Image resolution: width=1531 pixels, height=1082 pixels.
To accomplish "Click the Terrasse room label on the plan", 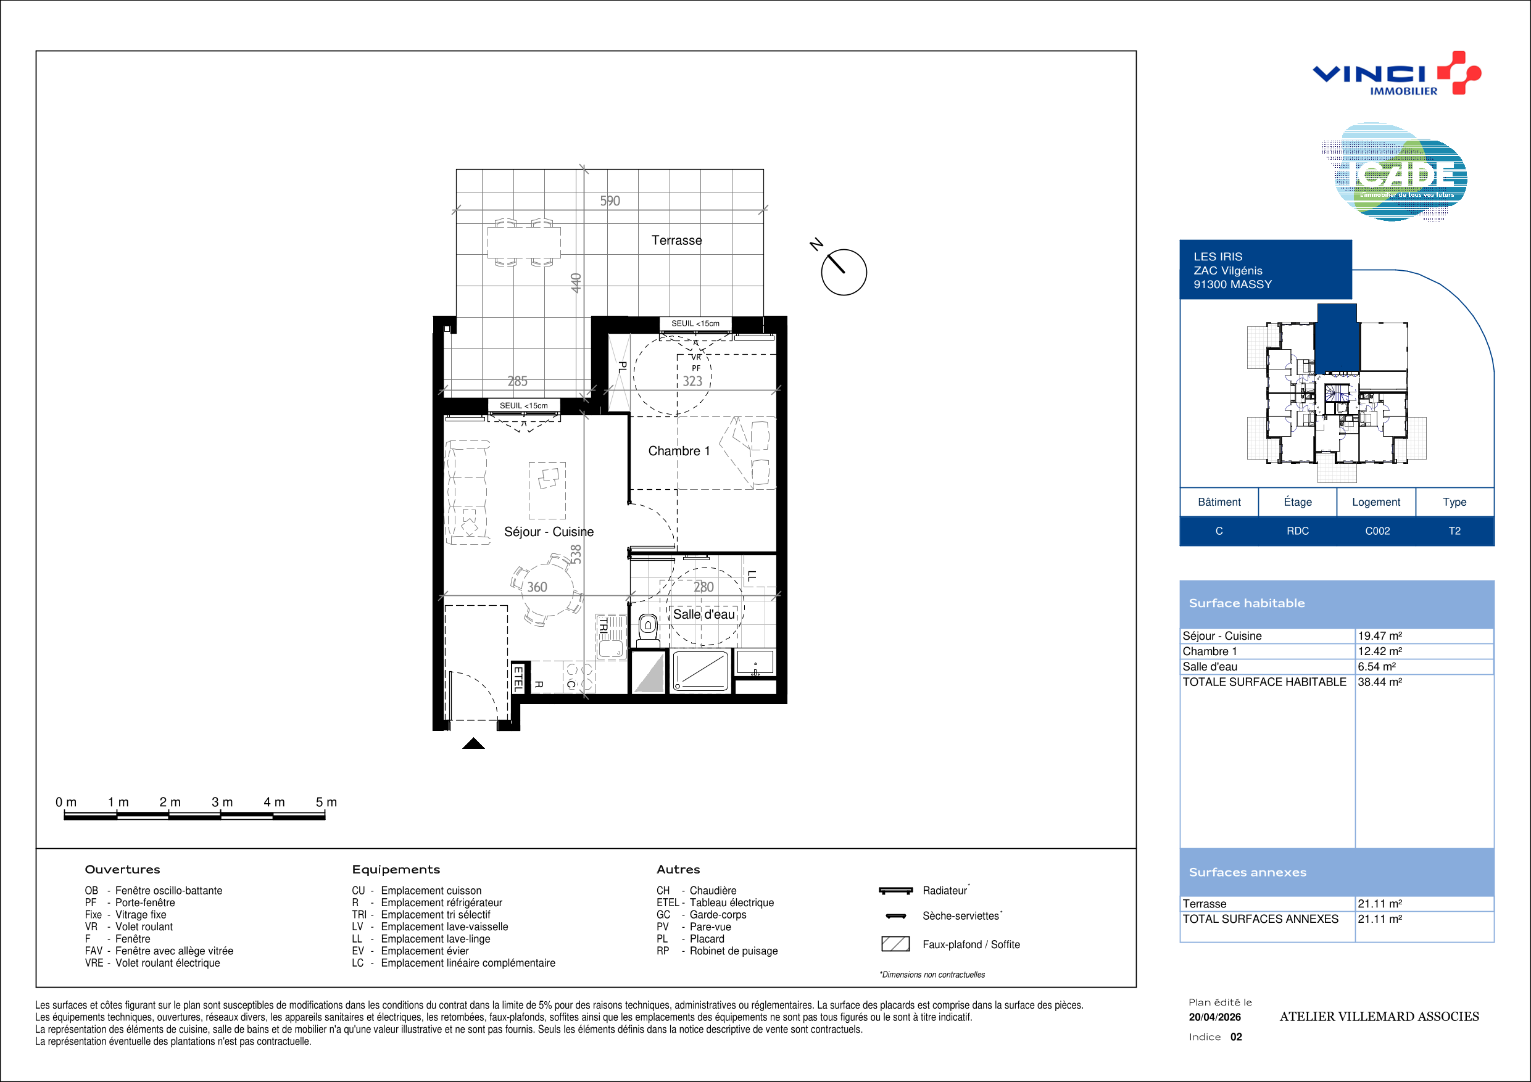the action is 676,240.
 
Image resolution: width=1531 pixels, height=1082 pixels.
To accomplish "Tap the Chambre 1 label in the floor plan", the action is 679,451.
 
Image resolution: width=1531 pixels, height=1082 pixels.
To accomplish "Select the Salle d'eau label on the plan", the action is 703,614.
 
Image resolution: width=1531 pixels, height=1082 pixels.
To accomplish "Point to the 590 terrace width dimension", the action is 610,200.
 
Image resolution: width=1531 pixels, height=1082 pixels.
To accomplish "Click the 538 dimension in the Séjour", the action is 576,554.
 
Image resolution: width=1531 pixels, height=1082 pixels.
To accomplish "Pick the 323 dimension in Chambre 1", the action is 692,381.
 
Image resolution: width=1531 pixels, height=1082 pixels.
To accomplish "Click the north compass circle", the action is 844,272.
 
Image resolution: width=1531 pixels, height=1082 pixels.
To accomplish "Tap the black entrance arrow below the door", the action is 473,743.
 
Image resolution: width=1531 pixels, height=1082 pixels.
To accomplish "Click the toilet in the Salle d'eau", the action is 647,630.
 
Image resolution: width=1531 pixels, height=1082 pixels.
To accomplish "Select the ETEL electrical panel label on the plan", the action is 518,678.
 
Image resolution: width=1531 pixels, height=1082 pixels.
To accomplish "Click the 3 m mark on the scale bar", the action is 222,802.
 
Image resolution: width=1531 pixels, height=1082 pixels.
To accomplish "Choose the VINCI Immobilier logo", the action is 1396,73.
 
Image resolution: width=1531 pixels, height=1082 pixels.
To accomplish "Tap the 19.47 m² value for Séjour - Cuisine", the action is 1380,636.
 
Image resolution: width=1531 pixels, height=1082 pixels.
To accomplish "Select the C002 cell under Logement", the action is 1377,531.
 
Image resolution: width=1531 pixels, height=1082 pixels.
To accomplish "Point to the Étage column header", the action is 1298,502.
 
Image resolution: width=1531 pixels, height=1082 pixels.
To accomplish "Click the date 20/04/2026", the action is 1215,1017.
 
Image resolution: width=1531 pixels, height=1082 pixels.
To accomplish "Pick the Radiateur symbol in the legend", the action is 895,891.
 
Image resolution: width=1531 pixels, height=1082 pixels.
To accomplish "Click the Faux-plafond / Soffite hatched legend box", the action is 895,944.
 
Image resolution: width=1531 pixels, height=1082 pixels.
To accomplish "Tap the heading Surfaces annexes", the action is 1248,872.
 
